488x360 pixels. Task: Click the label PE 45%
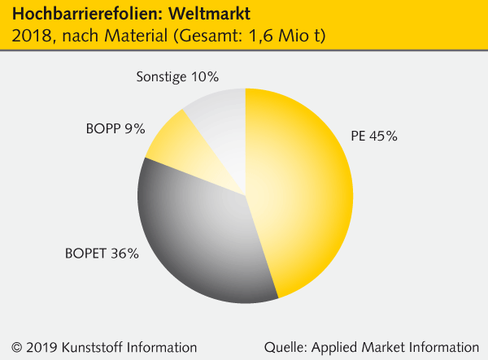pyautogui.click(x=373, y=137)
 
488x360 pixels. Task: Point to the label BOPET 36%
pyautogui.click(x=102, y=253)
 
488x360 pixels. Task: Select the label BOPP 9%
pyautogui.click(x=115, y=128)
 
